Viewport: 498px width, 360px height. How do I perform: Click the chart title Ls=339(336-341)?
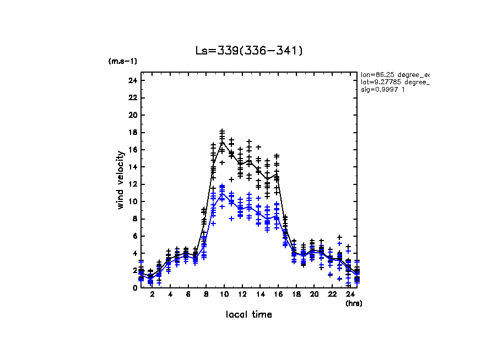(249, 51)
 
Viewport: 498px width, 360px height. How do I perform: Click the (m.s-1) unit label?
(122, 61)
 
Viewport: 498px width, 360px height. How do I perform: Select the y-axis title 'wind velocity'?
(120, 180)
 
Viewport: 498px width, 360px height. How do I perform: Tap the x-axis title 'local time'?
(249, 314)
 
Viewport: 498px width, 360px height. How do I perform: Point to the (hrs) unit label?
(354, 303)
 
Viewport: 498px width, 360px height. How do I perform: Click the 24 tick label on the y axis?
(132, 81)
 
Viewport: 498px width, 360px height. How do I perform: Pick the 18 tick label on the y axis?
(132, 133)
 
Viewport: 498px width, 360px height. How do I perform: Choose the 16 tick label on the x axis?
(277, 295)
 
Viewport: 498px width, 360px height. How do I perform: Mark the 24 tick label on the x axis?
(349, 295)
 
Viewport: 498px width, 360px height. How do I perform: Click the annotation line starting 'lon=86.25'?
(394, 74)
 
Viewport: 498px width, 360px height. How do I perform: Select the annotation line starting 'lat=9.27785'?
(394, 82)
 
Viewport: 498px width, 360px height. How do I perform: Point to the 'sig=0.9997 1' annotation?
(383, 90)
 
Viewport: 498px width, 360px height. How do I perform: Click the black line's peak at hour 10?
(222, 142)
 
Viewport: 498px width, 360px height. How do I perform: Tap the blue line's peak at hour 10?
(222, 194)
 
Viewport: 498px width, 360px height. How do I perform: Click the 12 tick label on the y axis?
(132, 184)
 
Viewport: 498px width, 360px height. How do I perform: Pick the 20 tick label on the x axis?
(313, 295)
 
